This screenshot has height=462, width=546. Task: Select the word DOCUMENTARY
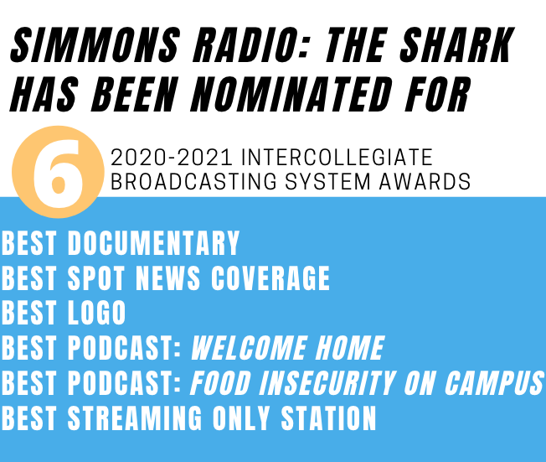pos(153,243)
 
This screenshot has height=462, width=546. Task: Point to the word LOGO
pos(96,313)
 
